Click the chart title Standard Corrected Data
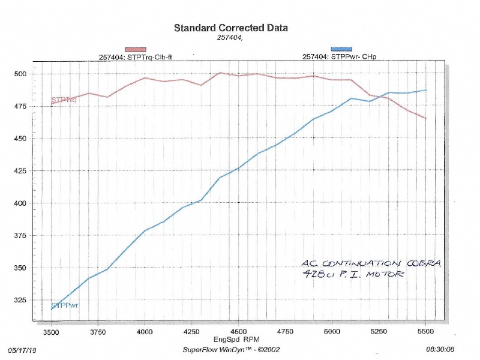click(230, 28)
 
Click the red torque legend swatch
click(135, 49)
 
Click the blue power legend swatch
click(341, 49)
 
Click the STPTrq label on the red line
click(64, 100)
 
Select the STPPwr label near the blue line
click(65, 306)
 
